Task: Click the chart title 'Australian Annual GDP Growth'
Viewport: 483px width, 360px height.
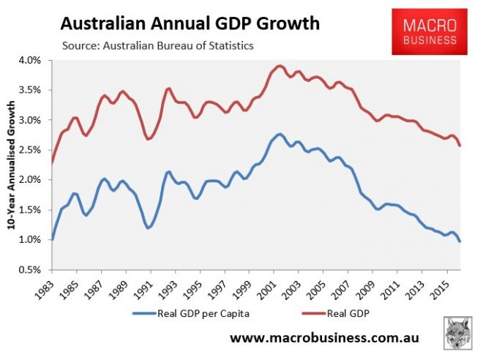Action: (x=190, y=23)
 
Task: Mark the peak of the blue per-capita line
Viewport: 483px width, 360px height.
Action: (x=280, y=134)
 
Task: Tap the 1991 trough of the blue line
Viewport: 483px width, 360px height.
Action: (x=149, y=228)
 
